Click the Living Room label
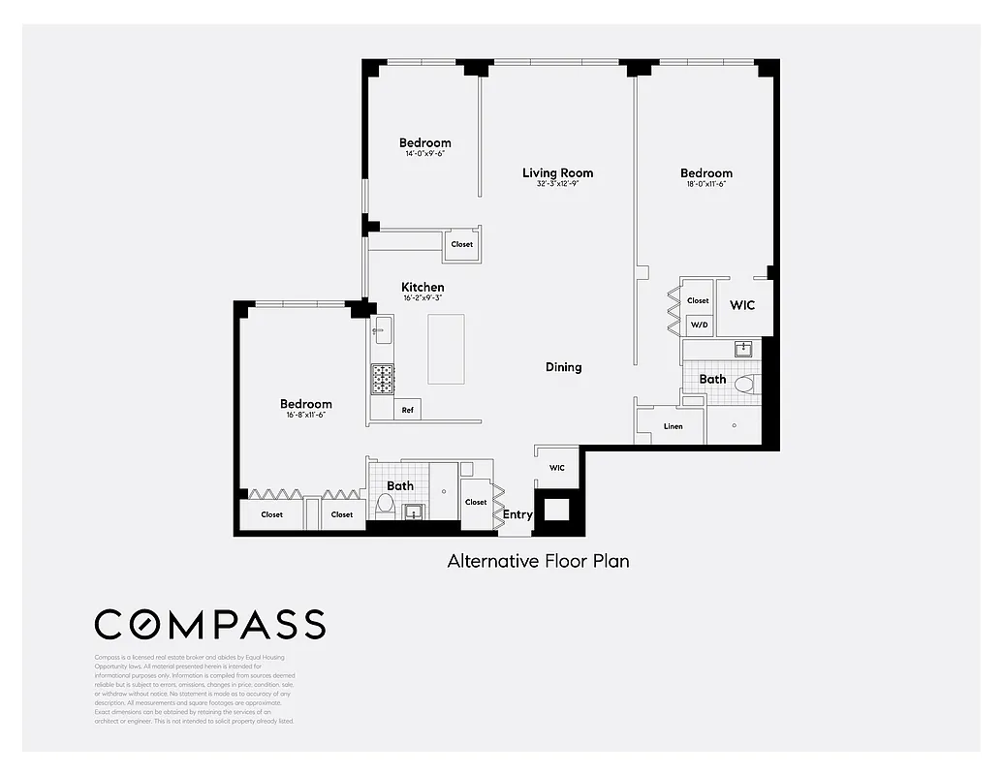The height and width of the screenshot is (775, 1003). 557,173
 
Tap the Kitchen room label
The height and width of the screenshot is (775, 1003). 423,288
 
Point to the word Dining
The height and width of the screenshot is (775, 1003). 563,367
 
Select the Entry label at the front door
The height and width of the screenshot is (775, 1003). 517,514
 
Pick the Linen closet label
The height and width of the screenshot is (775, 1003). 673,426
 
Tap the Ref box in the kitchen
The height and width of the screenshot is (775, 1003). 407,411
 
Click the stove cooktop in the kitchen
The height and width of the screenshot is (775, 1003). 382,379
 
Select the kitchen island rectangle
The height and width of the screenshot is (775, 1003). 446,350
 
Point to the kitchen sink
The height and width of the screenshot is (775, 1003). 381,330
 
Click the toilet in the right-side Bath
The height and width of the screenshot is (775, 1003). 744,385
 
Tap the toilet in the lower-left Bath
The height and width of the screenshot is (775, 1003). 384,503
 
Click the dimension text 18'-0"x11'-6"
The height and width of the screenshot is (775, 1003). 705,184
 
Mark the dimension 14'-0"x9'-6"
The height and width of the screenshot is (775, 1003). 425,154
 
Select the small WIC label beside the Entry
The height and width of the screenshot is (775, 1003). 556,468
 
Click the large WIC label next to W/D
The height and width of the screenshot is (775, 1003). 742,305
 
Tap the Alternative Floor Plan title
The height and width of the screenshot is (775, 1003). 538,561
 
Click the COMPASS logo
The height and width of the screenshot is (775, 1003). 209,625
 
